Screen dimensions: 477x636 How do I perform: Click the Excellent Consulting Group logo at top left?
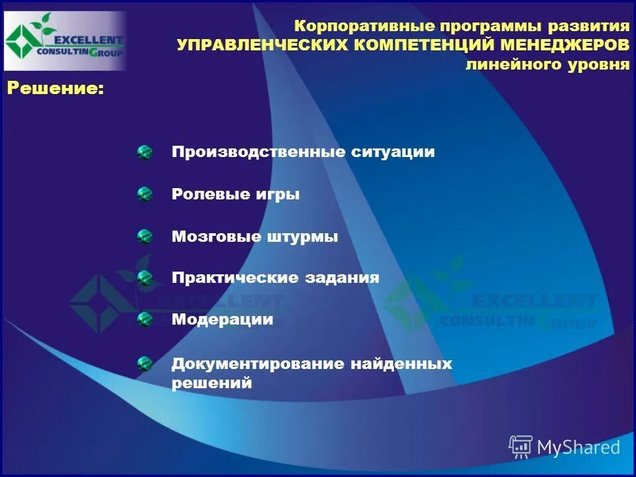point(64,41)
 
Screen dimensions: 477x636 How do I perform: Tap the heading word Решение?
point(56,89)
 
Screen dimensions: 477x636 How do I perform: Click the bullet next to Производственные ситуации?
point(144,153)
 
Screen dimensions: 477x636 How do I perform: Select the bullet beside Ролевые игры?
point(144,195)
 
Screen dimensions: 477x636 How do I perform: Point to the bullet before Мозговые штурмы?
point(144,237)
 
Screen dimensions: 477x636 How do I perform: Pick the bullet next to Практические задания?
point(144,278)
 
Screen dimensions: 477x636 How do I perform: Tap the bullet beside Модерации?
point(144,320)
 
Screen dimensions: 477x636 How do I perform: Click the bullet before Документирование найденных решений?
point(144,364)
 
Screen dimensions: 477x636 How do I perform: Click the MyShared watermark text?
point(579,447)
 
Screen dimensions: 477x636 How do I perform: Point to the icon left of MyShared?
point(521,447)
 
